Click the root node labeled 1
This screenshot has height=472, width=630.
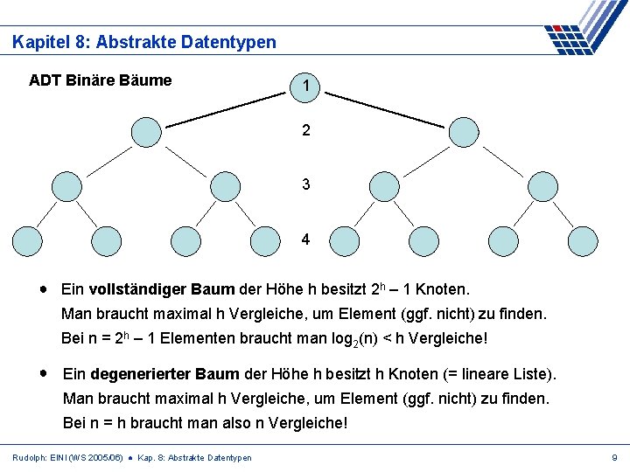click(306, 85)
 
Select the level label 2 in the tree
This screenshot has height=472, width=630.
click(305, 131)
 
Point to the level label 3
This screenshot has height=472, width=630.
click(305, 184)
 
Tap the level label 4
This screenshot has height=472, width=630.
click(305, 239)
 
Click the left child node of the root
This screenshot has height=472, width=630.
click(146, 132)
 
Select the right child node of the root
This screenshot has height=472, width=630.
click(464, 132)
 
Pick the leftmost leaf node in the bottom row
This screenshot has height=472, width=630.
click(26, 240)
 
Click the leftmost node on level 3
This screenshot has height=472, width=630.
click(66, 186)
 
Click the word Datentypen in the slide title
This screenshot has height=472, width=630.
click(230, 41)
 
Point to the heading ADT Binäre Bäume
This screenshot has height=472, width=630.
click(100, 80)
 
